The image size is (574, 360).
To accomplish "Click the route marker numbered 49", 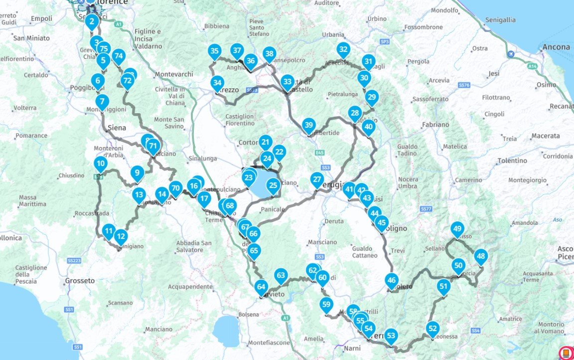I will pyautogui.click(x=457, y=229).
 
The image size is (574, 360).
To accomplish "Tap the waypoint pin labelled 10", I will pyautogui.click(x=101, y=163).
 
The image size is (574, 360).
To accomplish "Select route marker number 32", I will pyautogui.click(x=343, y=49).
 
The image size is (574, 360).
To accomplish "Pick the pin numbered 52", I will pyautogui.click(x=432, y=328).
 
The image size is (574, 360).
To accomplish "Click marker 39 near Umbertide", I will pyautogui.click(x=308, y=125).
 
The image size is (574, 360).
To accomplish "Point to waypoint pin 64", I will pyautogui.click(x=261, y=286).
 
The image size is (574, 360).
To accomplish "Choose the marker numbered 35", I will pyautogui.click(x=214, y=50).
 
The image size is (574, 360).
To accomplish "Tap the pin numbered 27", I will pyautogui.click(x=317, y=179).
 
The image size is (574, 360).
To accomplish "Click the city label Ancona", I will pyautogui.click(x=557, y=47).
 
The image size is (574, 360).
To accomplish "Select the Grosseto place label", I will pyautogui.click(x=80, y=281).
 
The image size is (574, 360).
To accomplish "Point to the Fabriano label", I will pyautogui.click(x=434, y=125).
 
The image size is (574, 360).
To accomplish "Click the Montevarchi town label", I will pyautogui.click(x=174, y=74).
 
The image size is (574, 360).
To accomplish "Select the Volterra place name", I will pyautogui.click(x=25, y=108).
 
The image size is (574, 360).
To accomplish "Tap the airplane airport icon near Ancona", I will pyautogui.click(x=510, y=54).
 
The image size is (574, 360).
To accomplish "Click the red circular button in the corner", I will pyautogui.click(x=566, y=353).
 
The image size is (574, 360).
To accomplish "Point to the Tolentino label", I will pyautogui.click(x=512, y=161).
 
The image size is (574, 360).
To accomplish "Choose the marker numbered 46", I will pyautogui.click(x=392, y=280).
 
